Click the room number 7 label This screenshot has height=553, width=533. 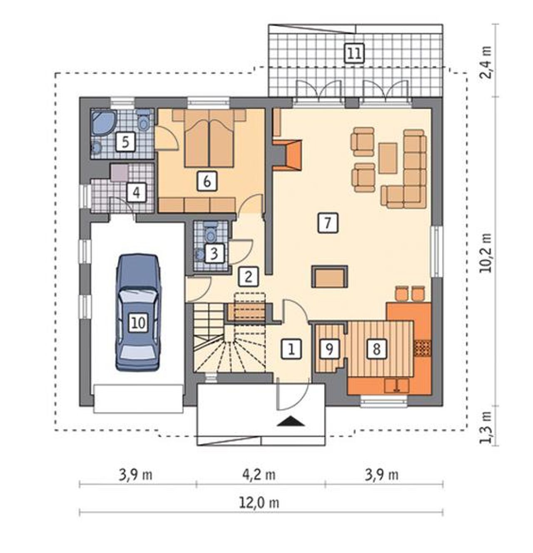(328, 223)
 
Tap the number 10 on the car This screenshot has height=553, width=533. (139, 323)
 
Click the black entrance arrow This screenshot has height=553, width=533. (291, 421)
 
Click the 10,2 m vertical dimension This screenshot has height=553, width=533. (485, 253)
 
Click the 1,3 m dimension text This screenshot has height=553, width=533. (485, 427)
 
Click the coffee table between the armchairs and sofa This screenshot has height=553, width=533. (388, 158)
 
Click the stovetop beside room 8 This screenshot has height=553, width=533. (423, 349)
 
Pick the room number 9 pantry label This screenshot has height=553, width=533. (329, 349)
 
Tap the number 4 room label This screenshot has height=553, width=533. (137, 193)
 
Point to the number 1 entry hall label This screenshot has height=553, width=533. (291, 349)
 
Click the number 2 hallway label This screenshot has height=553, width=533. (249, 276)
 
